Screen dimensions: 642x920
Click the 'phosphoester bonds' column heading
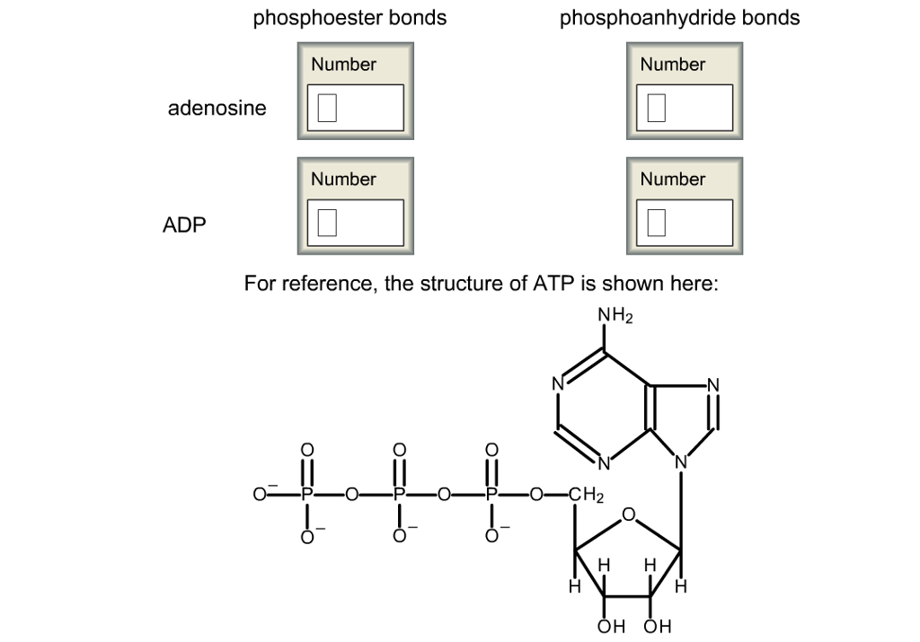pos(349,18)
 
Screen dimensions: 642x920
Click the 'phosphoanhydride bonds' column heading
pos(679,18)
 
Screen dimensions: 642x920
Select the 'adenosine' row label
pos(217,109)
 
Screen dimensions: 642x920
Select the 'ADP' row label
pos(184,224)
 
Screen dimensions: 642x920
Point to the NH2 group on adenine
pos(615,316)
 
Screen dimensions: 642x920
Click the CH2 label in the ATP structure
pos(585,495)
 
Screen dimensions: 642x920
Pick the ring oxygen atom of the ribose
pos(629,514)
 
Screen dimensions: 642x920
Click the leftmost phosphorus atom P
pos(307,495)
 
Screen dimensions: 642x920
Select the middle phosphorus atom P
pos(400,495)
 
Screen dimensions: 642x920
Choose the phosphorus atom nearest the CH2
pos(491,495)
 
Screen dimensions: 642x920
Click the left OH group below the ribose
pos(609,627)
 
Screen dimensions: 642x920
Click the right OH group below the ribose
pos(657,627)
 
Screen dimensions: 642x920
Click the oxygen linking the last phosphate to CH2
pos(536,495)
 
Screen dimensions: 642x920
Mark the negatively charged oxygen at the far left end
pos(261,495)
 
